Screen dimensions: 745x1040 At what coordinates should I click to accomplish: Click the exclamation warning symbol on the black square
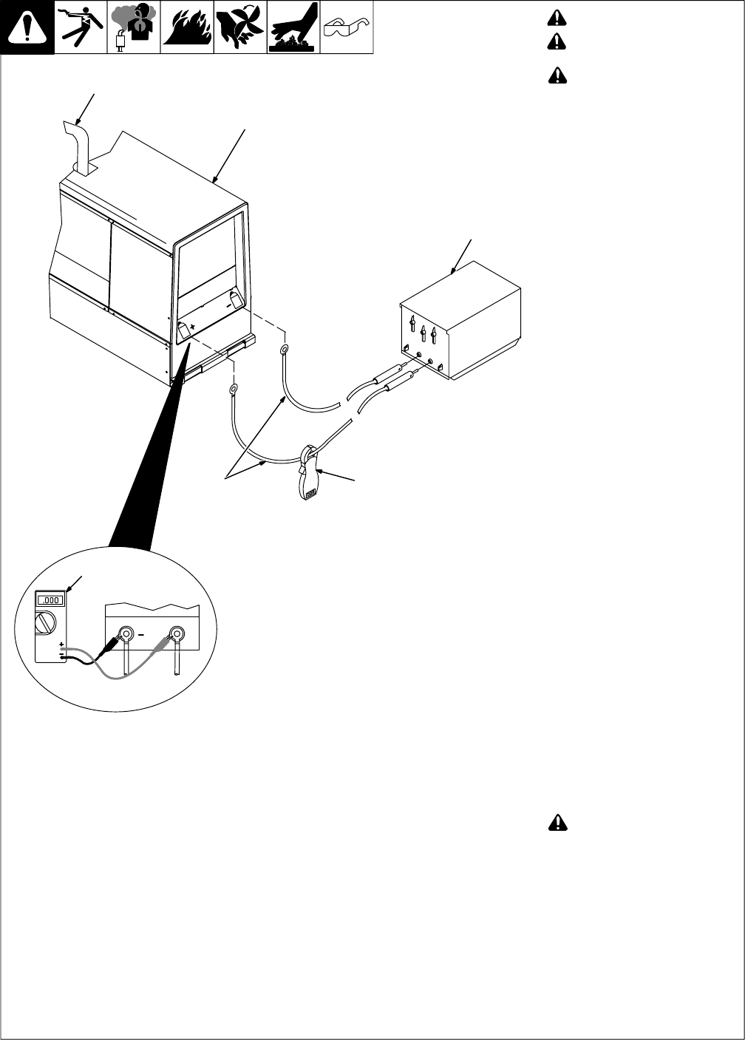(x=27, y=27)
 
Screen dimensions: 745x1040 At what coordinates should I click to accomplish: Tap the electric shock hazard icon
(x=81, y=27)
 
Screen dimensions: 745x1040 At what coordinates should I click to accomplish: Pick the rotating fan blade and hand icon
(x=239, y=27)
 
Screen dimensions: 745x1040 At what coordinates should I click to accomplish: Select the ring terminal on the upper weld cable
(x=285, y=350)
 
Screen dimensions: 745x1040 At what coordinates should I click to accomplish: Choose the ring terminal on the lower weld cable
(x=233, y=389)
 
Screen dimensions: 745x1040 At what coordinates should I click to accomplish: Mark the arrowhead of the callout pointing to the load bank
(x=452, y=274)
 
